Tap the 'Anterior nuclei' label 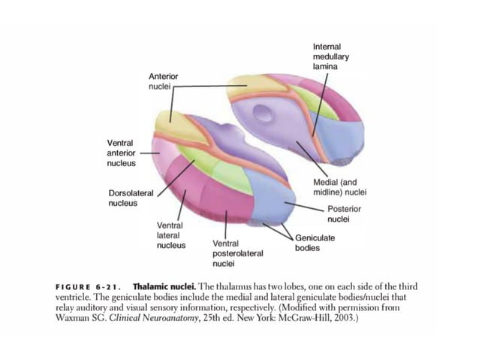pyautogui.click(x=163, y=81)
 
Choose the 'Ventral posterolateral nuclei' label pyautogui.click(x=238, y=253)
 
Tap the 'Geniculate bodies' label pyautogui.click(x=315, y=242)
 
